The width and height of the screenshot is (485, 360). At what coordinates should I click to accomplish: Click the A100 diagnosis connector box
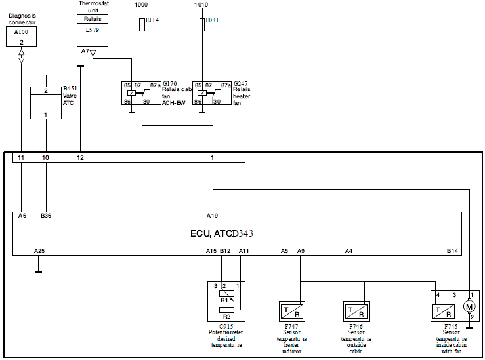pyautogui.click(x=22, y=37)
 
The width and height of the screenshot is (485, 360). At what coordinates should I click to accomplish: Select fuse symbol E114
pyautogui.click(x=142, y=24)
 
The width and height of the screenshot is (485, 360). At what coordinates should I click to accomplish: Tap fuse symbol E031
pyautogui.click(x=202, y=24)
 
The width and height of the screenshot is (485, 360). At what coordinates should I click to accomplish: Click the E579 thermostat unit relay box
pyautogui.click(x=93, y=31)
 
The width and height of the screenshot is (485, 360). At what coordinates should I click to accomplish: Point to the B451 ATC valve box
pyautogui.click(x=46, y=103)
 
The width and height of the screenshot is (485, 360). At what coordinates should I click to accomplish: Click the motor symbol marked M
pyautogui.click(x=469, y=307)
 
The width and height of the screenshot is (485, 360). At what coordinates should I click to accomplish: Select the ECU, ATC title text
pyautogui.click(x=222, y=233)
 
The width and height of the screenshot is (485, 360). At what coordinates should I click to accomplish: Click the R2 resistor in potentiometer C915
pyautogui.click(x=226, y=310)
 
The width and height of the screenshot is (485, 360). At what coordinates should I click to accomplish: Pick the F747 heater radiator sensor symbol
pyautogui.click(x=292, y=311)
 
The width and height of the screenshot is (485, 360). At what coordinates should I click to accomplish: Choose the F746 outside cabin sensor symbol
pyautogui.click(x=356, y=311)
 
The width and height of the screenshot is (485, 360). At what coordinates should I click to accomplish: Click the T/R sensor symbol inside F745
pyautogui.click(x=444, y=311)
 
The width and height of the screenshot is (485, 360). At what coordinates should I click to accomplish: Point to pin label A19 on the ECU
pyautogui.click(x=212, y=216)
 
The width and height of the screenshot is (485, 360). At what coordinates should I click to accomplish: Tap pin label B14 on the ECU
pyautogui.click(x=452, y=251)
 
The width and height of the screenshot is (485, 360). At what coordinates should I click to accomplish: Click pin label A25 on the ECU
pyautogui.click(x=39, y=251)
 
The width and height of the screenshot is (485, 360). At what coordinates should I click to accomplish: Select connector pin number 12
pyautogui.click(x=80, y=158)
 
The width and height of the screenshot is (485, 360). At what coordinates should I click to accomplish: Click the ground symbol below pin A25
pyautogui.click(x=39, y=272)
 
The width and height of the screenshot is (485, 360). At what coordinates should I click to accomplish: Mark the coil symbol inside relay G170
pyautogui.click(x=132, y=93)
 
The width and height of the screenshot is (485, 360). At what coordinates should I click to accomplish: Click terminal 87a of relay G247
pyautogui.click(x=226, y=85)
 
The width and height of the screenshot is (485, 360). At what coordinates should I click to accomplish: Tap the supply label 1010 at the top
pyautogui.click(x=201, y=5)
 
